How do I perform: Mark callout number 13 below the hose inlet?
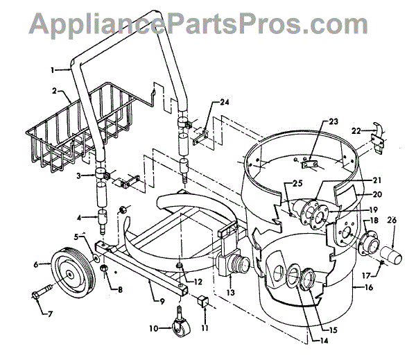coord(228,293)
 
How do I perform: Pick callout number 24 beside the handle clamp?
coord(224,101)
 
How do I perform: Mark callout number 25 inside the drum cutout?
coord(277,185)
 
